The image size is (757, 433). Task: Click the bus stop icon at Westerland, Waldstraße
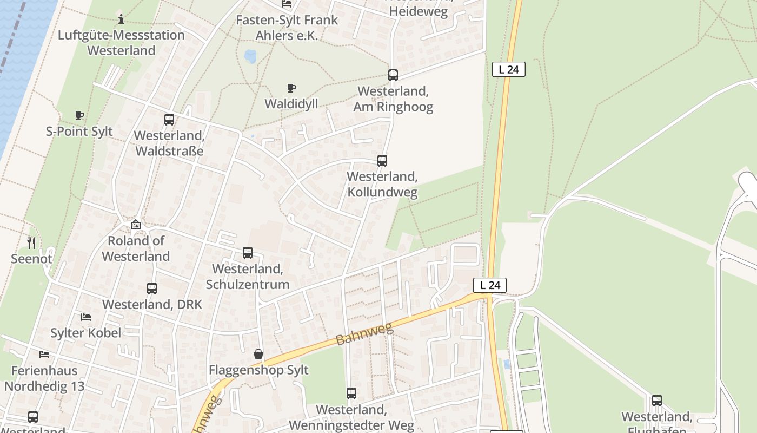pyautogui.click(x=169, y=120)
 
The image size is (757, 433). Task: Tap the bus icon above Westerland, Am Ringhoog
pyautogui.click(x=393, y=75)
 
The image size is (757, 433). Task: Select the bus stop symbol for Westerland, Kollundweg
pyautogui.click(x=382, y=161)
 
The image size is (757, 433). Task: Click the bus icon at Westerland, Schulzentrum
pyautogui.click(x=248, y=253)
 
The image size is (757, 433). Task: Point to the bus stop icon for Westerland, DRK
pyautogui.click(x=152, y=288)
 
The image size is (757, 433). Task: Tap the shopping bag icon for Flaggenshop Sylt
pyautogui.click(x=258, y=354)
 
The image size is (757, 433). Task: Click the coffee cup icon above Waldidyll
pyautogui.click(x=291, y=88)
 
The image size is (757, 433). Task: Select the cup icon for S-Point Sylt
pyautogui.click(x=79, y=115)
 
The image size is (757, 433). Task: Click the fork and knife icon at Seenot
pyautogui.click(x=31, y=243)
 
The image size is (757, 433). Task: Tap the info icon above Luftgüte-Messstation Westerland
pyautogui.click(x=121, y=20)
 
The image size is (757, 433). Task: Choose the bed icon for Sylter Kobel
pyautogui.click(x=86, y=317)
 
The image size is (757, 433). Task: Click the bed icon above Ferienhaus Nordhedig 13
pyautogui.click(x=44, y=355)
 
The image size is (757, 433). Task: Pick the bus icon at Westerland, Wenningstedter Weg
pyautogui.click(x=351, y=393)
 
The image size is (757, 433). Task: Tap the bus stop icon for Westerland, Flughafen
pyautogui.click(x=657, y=401)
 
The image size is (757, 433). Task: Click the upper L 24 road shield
pyautogui.click(x=509, y=69)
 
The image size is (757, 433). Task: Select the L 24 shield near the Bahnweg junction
pyautogui.click(x=490, y=285)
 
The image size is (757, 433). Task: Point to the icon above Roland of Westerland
pyautogui.click(x=136, y=225)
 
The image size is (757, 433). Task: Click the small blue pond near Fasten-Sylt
pyautogui.click(x=250, y=56)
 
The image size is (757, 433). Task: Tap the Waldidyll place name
pyautogui.click(x=291, y=103)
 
